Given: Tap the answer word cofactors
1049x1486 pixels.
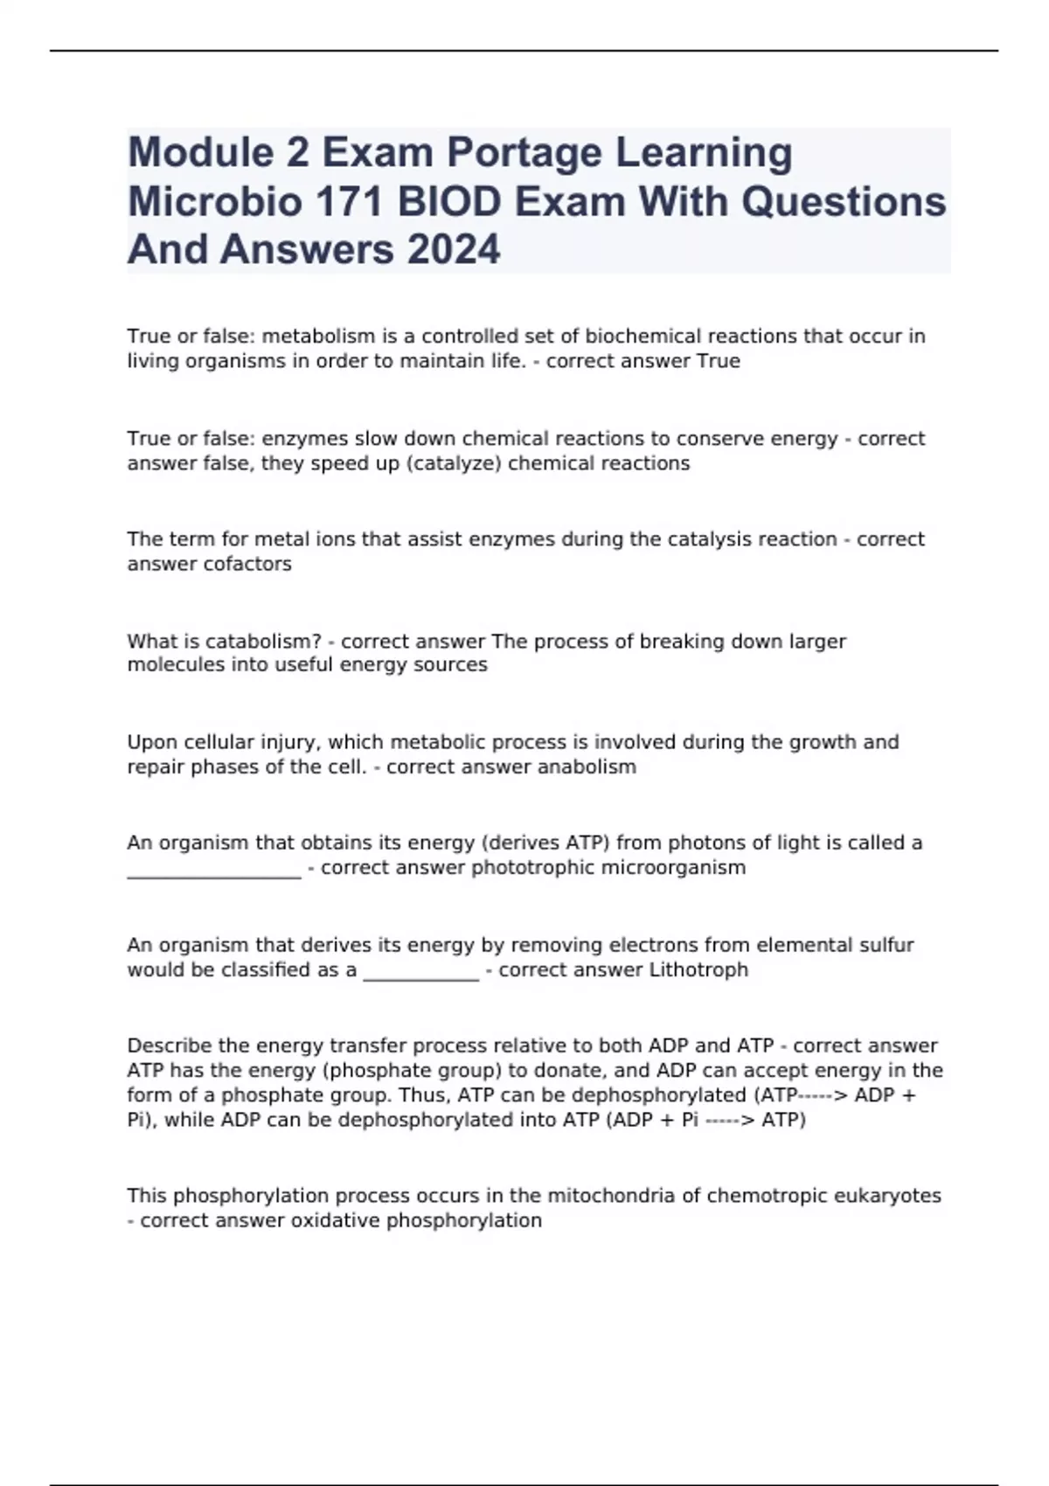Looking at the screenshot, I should pos(247,565).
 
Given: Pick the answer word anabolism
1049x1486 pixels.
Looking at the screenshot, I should pos(587,767).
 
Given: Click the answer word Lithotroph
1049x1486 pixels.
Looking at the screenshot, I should pos(698,970).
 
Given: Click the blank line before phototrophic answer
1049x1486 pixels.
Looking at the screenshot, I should pos(214,871).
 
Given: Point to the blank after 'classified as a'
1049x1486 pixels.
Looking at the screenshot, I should pos(420,974).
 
